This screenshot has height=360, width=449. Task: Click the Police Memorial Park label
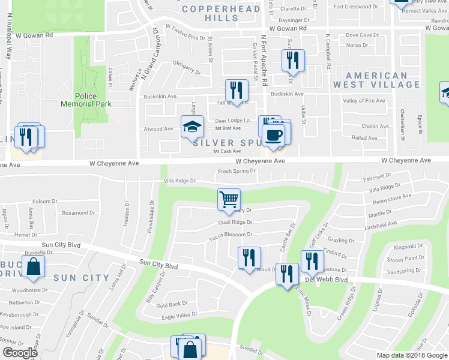pyautogui.click(x=86, y=100)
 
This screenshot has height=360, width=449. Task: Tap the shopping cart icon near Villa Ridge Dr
pyautogui.click(x=229, y=199)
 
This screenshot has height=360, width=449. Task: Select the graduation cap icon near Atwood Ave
pyautogui.click(x=192, y=127)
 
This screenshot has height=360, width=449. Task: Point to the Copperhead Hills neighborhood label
pyautogui.click(x=221, y=13)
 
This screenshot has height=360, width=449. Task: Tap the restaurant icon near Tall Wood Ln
pyautogui.click(x=236, y=90)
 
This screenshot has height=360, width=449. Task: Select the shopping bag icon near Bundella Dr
pyautogui.click(x=33, y=266)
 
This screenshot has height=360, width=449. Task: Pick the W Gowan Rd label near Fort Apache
pyautogui.click(x=288, y=28)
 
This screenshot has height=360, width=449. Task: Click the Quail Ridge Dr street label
pyautogui.click(x=235, y=222)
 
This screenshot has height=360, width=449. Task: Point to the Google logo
pyautogui.click(x=19, y=353)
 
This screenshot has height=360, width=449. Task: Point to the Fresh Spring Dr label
pyautogui.click(x=237, y=171)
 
